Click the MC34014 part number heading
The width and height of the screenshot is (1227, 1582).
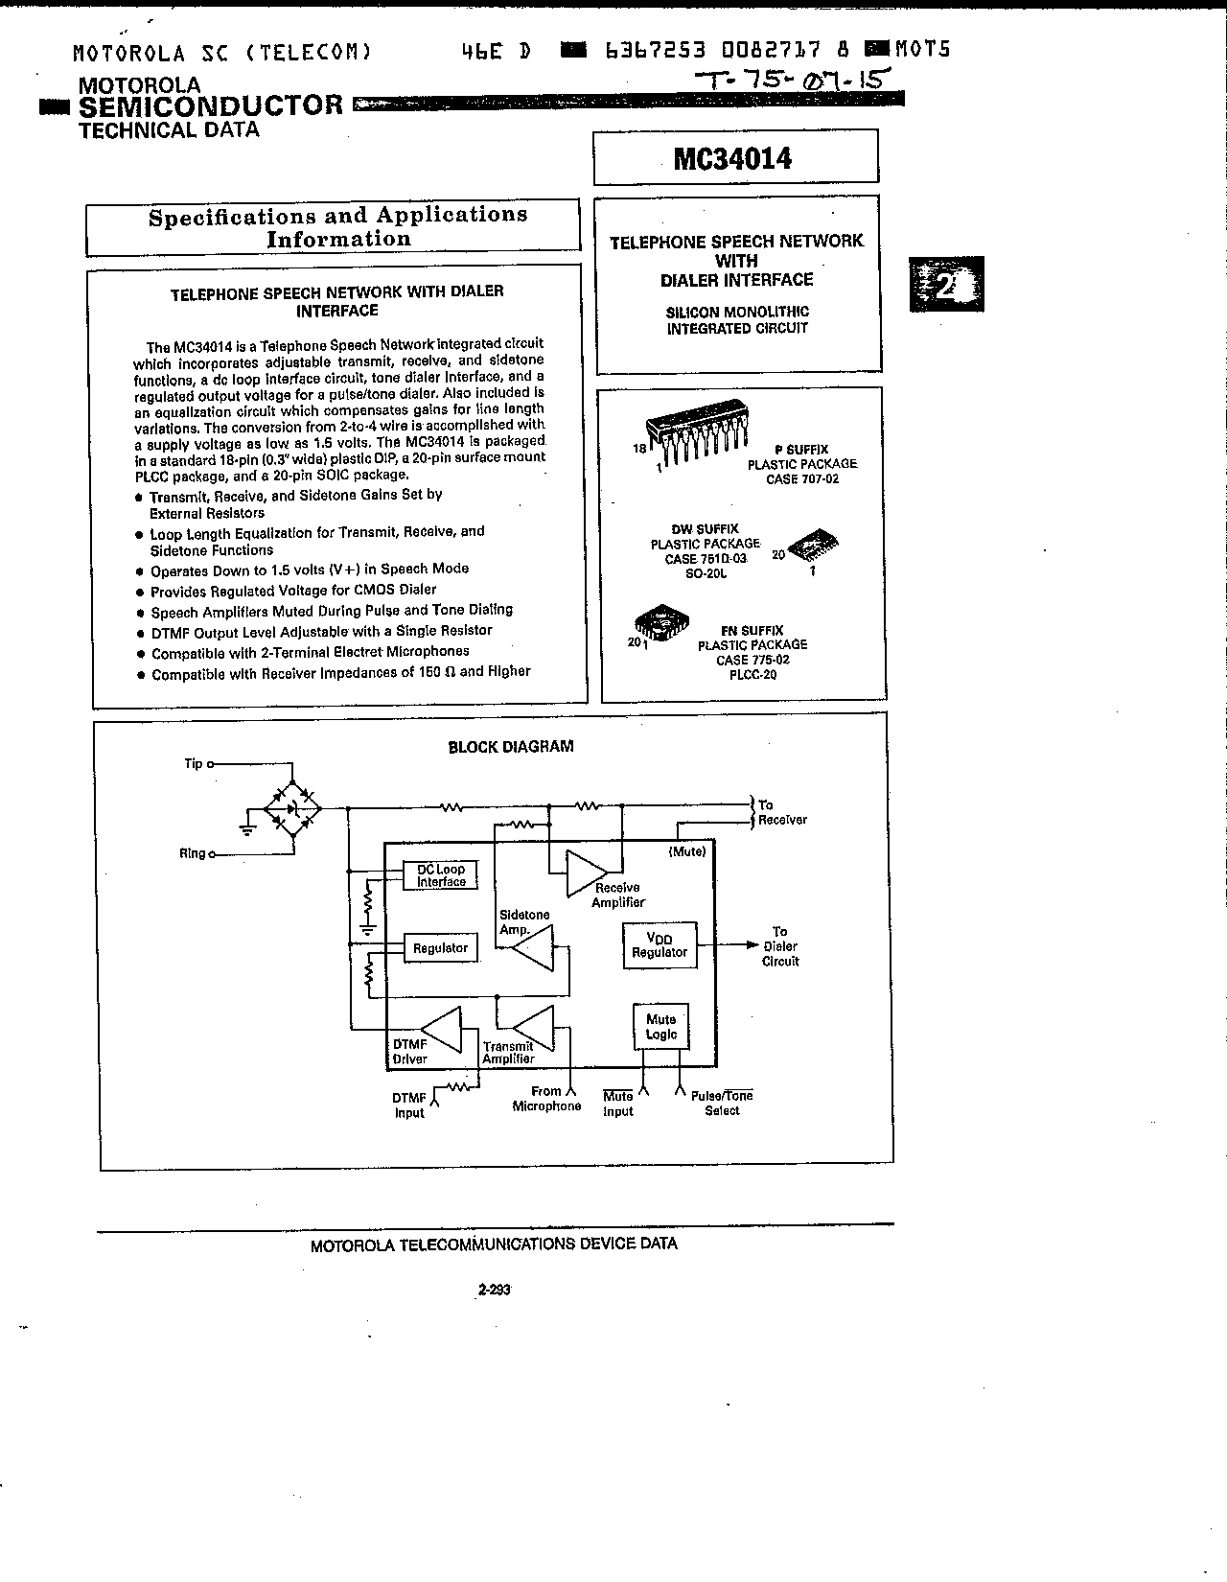coord(733,158)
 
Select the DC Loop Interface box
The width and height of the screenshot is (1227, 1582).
coord(441,875)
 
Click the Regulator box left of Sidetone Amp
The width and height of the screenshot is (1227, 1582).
coord(440,948)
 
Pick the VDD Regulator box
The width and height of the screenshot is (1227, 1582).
coord(660,945)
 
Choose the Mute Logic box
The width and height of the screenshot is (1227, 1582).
coord(661,1027)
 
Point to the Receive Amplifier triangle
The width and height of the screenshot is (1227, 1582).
coord(584,872)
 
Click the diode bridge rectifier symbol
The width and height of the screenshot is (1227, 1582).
coord(293,809)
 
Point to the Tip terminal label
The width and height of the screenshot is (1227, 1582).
coord(194,764)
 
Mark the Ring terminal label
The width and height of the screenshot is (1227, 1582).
coord(192,853)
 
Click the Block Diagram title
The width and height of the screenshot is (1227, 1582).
coord(511,747)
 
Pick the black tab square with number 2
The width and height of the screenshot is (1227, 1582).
coord(946,284)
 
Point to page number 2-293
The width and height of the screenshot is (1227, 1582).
coord(494,1290)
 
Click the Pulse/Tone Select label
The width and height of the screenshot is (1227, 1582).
coord(722,1103)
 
